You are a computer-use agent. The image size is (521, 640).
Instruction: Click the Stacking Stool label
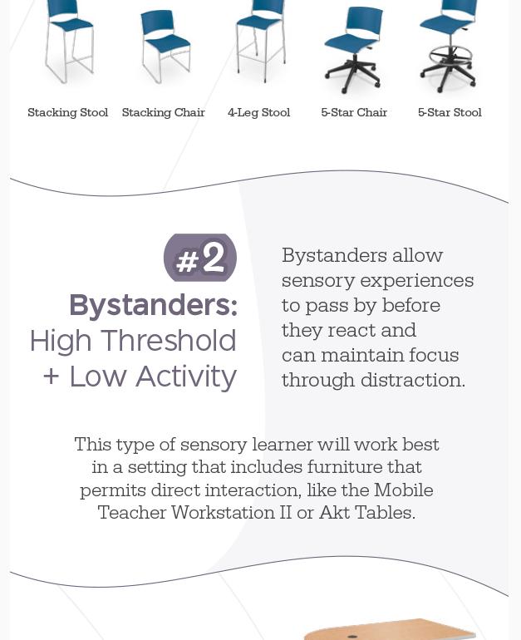(x=68, y=112)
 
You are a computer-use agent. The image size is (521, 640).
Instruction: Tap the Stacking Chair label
(x=164, y=112)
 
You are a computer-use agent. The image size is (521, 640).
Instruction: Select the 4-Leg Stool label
(x=258, y=112)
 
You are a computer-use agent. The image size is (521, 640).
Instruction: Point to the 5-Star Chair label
(x=354, y=112)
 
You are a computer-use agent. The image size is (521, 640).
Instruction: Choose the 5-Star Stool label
(x=450, y=112)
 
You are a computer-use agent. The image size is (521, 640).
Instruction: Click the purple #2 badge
(x=200, y=258)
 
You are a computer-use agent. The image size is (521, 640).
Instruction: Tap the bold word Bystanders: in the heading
(x=153, y=305)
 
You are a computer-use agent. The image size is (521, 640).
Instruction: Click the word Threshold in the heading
(x=179, y=341)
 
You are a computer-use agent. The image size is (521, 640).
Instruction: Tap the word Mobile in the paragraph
(x=403, y=490)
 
